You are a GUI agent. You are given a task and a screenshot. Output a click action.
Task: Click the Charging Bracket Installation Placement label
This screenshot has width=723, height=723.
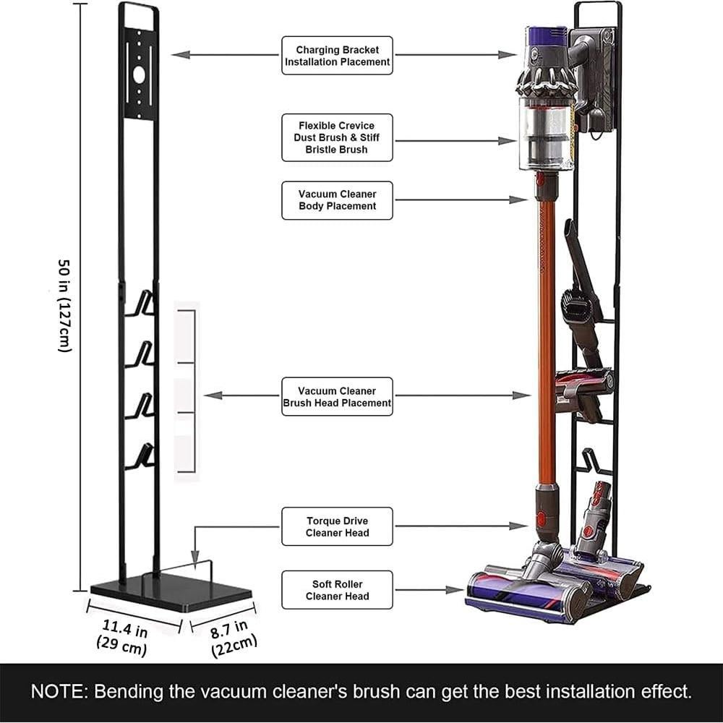pyautogui.click(x=337, y=56)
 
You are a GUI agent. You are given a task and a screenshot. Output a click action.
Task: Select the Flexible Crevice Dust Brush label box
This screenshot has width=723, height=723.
pyautogui.click(x=337, y=137)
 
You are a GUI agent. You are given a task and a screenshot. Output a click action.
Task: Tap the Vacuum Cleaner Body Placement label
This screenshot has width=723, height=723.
pyautogui.click(x=337, y=200)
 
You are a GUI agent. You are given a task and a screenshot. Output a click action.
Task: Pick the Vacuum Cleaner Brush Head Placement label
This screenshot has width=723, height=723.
pyautogui.click(x=337, y=396)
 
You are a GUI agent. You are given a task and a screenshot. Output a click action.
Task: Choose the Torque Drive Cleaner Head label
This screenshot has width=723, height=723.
pyautogui.click(x=337, y=526)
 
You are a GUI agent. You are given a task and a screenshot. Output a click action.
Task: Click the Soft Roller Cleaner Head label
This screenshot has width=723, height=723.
pyautogui.click(x=337, y=590)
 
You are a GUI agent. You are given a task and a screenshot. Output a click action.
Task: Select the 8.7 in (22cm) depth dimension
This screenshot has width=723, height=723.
pyautogui.click(x=233, y=637)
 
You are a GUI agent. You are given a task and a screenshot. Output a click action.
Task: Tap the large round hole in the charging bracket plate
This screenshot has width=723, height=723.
pyautogui.click(x=139, y=74)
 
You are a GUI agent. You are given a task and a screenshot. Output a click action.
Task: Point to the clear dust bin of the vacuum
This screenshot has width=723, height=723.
pyautogui.click(x=546, y=134)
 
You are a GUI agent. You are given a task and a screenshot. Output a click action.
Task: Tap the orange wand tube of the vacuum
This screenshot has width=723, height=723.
pyautogui.click(x=547, y=340)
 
